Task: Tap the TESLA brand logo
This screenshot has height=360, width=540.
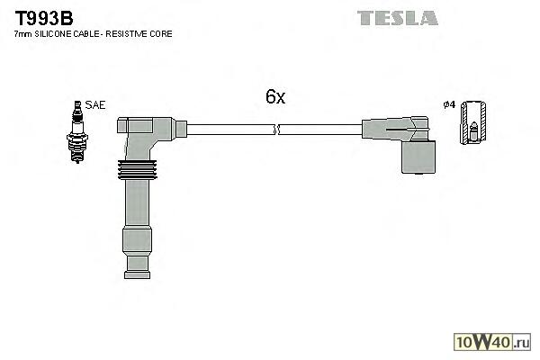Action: (x=397, y=17)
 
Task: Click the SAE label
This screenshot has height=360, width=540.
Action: (x=94, y=105)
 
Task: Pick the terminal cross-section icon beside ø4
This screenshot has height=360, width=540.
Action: (x=473, y=123)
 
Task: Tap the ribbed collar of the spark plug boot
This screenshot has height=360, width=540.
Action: (x=138, y=170)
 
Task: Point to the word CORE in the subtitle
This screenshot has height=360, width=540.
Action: (x=161, y=33)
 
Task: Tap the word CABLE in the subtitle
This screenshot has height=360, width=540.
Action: (x=89, y=33)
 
